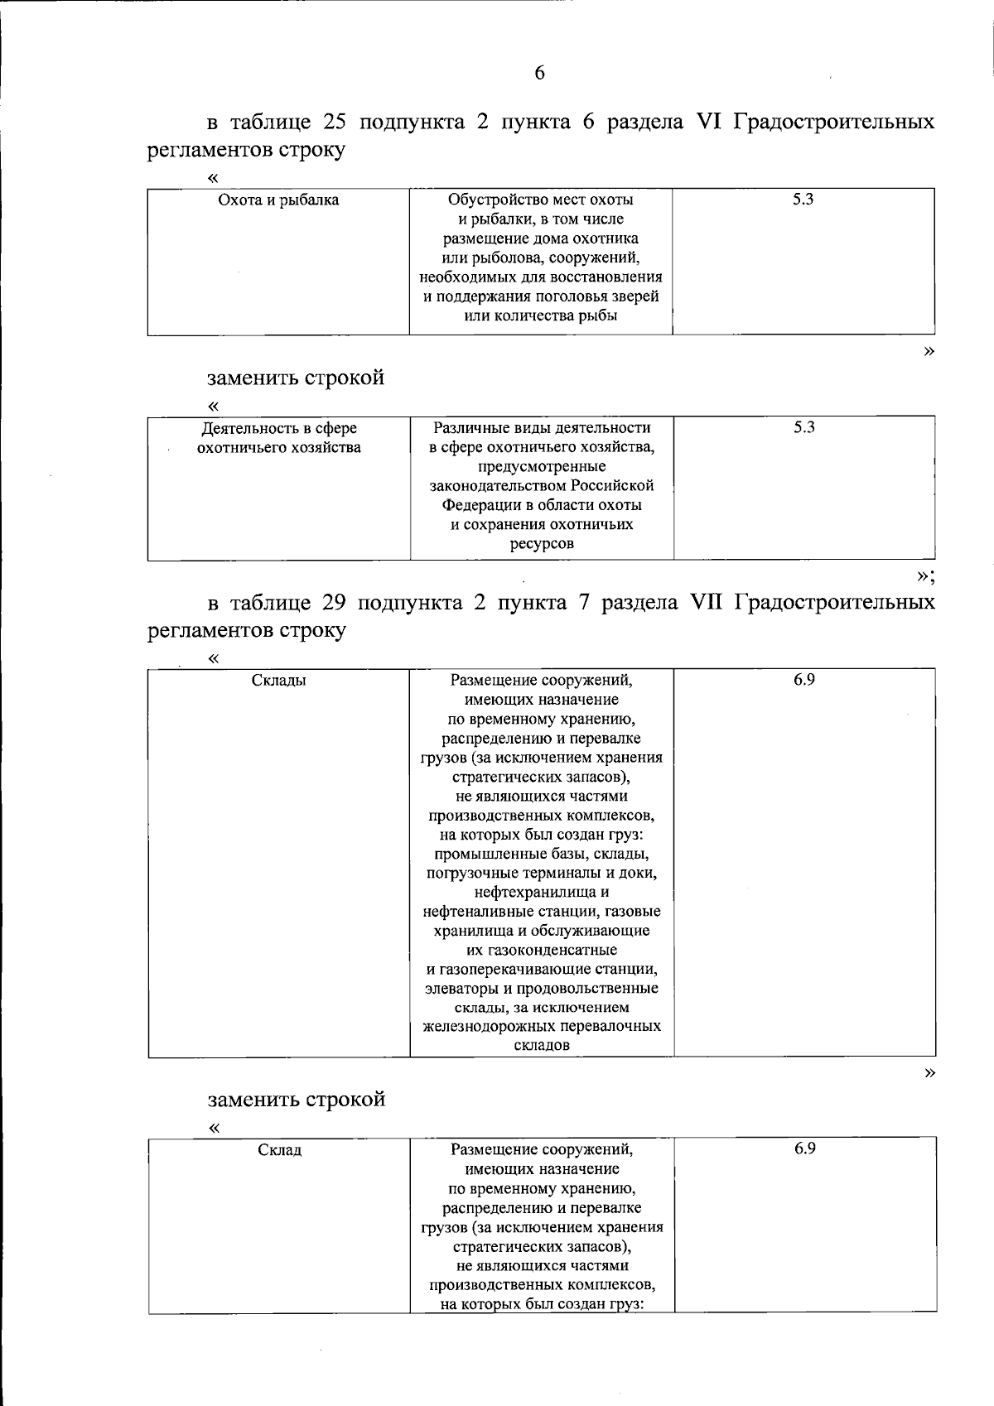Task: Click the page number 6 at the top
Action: click(540, 74)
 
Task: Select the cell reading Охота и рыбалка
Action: click(278, 200)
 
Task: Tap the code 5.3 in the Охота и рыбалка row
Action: click(803, 200)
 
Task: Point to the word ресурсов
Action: click(542, 544)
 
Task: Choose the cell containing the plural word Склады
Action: click(278, 681)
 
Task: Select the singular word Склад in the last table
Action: click(279, 1150)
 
